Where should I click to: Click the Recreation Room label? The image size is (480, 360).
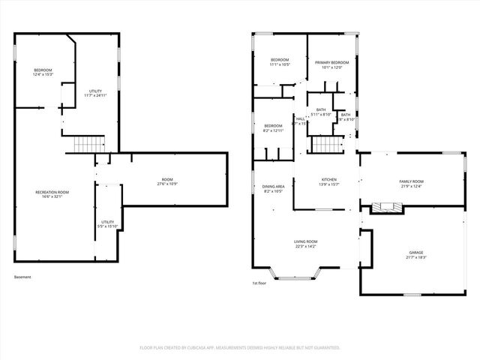tap(52, 195)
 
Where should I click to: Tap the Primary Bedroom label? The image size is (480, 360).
tap(331, 64)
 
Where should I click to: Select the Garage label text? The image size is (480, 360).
tap(416, 254)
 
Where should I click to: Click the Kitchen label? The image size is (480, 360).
tap(328, 182)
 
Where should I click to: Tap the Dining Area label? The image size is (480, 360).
tap(273, 188)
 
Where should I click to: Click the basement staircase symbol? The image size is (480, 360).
tap(89, 144)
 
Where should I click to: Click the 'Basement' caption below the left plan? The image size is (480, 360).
tap(22, 277)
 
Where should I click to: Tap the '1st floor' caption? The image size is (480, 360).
tap(259, 283)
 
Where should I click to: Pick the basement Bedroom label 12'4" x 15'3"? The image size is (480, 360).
tap(42, 73)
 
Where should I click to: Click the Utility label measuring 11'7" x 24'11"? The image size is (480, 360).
tap(96, 93)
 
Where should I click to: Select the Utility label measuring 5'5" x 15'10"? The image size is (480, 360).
tap(108, 224)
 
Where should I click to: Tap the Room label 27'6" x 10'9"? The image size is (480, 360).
tap(166, 181)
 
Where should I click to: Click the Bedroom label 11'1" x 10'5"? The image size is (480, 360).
tap(280, 62)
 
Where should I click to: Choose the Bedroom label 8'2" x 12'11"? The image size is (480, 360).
tap(273, 127)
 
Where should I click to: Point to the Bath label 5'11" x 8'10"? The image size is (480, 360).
tap(321, 112)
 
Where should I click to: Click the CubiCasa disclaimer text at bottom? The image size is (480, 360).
tap(240, 347)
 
